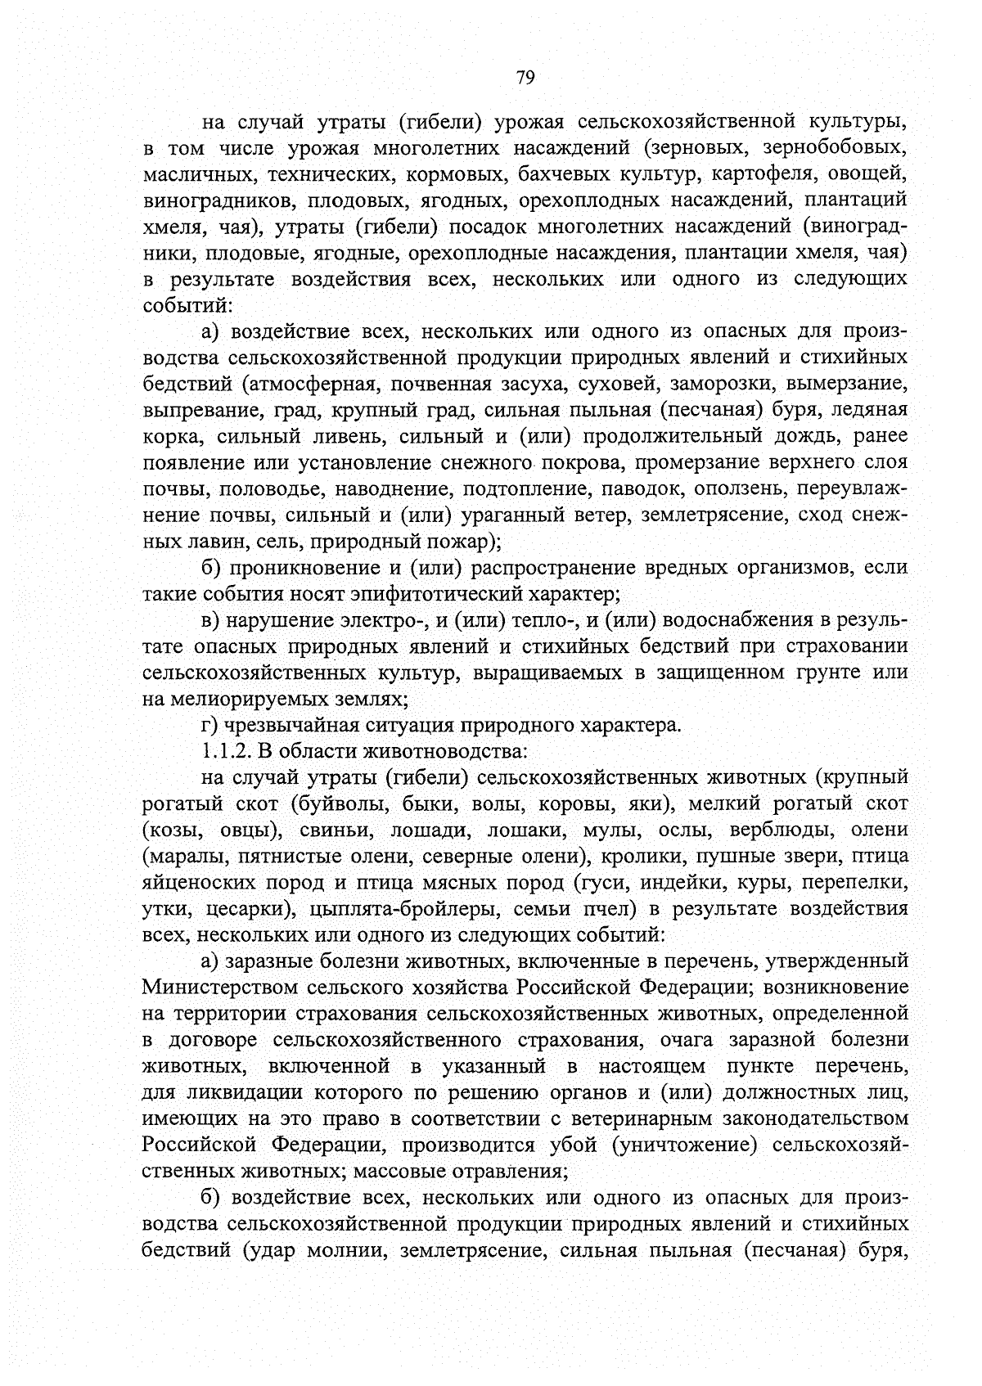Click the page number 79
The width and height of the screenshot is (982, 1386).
[x=525, y=78]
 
